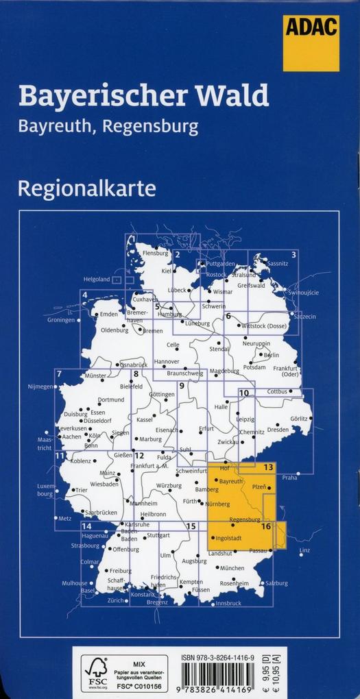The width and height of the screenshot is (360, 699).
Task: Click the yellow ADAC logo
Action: [x=311, y=42]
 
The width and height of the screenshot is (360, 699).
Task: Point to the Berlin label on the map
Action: [x=271, y=355]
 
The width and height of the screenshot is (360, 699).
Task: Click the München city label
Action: [x=232, y=568]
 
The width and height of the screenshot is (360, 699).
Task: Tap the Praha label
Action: [x=289, y=477]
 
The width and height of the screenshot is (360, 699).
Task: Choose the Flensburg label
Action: [x=155, y=253]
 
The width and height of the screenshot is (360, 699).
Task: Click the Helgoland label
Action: [x=97, y=280]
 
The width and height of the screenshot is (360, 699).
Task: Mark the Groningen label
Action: [x=61, y=320]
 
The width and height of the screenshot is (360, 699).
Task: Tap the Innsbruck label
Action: [x=228, y=603]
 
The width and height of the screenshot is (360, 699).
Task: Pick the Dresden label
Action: [x=278, y=430]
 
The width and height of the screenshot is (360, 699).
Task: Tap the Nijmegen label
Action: [x=40, y=387]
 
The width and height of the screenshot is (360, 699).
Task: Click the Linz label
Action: [x=305, y=551]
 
